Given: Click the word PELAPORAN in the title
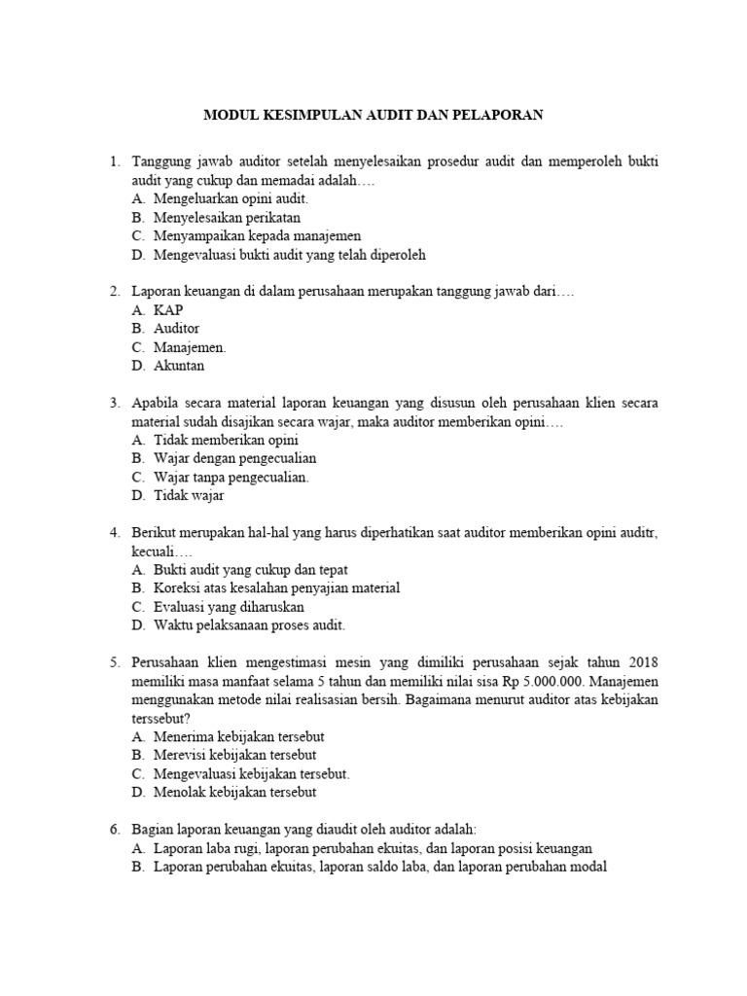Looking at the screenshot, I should pos(495,115).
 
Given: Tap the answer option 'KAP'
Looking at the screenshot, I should pos(168,310).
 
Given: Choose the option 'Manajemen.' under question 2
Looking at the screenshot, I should pos(190,347).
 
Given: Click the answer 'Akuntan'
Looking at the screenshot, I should pos(179,367).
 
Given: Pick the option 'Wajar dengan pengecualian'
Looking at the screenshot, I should pos(234,458).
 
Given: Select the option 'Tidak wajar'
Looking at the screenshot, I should pos(189,496).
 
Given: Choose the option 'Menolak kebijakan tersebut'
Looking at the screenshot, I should pos(234,792).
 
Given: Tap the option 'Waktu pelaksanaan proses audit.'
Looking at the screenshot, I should pos(249,625).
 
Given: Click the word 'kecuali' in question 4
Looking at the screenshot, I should pos(154,551).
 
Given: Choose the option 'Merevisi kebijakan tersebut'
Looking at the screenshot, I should pos(234,755).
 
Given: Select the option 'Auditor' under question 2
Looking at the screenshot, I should pos(177,329).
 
